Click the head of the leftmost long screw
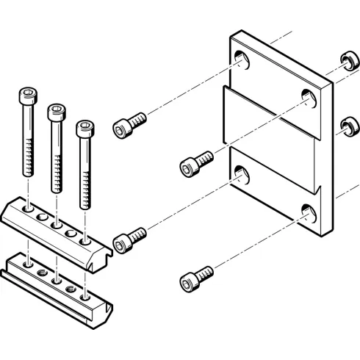pos(26,96)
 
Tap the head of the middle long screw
pos(55,112)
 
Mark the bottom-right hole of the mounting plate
pos(308,213)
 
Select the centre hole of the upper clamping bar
pos(57,224)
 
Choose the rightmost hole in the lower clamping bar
pos(85,296)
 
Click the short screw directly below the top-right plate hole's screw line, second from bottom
pos(129,239)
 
